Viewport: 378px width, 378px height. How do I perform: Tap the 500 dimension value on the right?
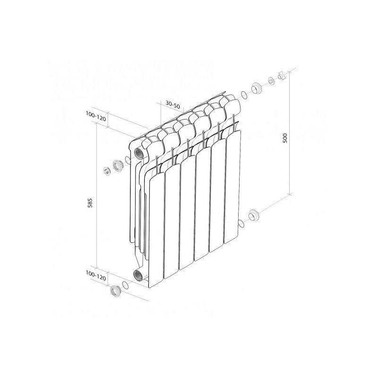(284, 137)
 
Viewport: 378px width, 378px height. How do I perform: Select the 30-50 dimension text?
(172, 105)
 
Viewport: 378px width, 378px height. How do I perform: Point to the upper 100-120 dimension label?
(96, 115)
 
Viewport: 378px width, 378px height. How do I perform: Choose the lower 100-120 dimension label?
(96, 274)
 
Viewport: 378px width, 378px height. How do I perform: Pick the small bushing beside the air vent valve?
(271, 81)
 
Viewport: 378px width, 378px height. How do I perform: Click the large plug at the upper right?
(257, 88)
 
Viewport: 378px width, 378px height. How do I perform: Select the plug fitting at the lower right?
(254, 215)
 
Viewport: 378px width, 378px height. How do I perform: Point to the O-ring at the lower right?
(241, 223)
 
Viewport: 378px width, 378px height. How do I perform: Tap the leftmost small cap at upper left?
(107, 170)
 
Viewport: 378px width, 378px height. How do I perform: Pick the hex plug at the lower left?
(115, 290)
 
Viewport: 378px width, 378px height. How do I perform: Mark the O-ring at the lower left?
(125, 285)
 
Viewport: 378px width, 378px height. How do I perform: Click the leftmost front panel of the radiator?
(155, 227)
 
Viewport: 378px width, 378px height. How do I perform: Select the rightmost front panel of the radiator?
(233, 184)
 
